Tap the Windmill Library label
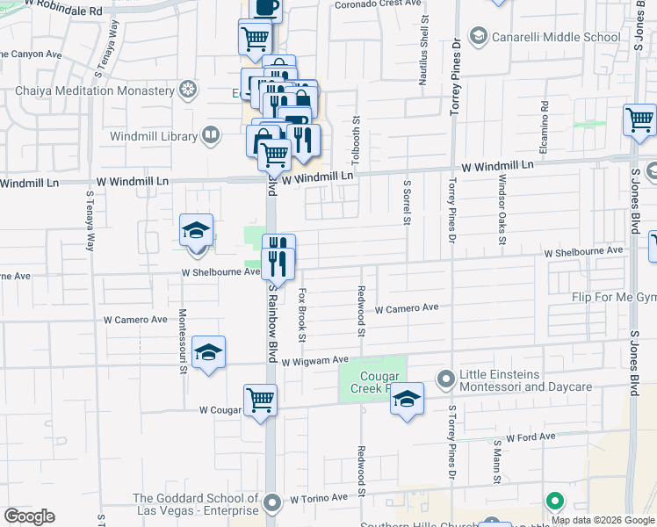(x=155, y=135)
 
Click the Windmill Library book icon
(x=210, y=135)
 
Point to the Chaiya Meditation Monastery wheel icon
(x=186, y=90)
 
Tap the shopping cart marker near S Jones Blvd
(x=639, y=119)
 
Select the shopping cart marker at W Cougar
(x=260, y=401)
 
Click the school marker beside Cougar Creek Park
(x=407, y=398)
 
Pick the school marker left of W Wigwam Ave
(x=208, y=352)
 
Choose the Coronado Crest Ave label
(x=378, y=4)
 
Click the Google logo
(x=29, y=516)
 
